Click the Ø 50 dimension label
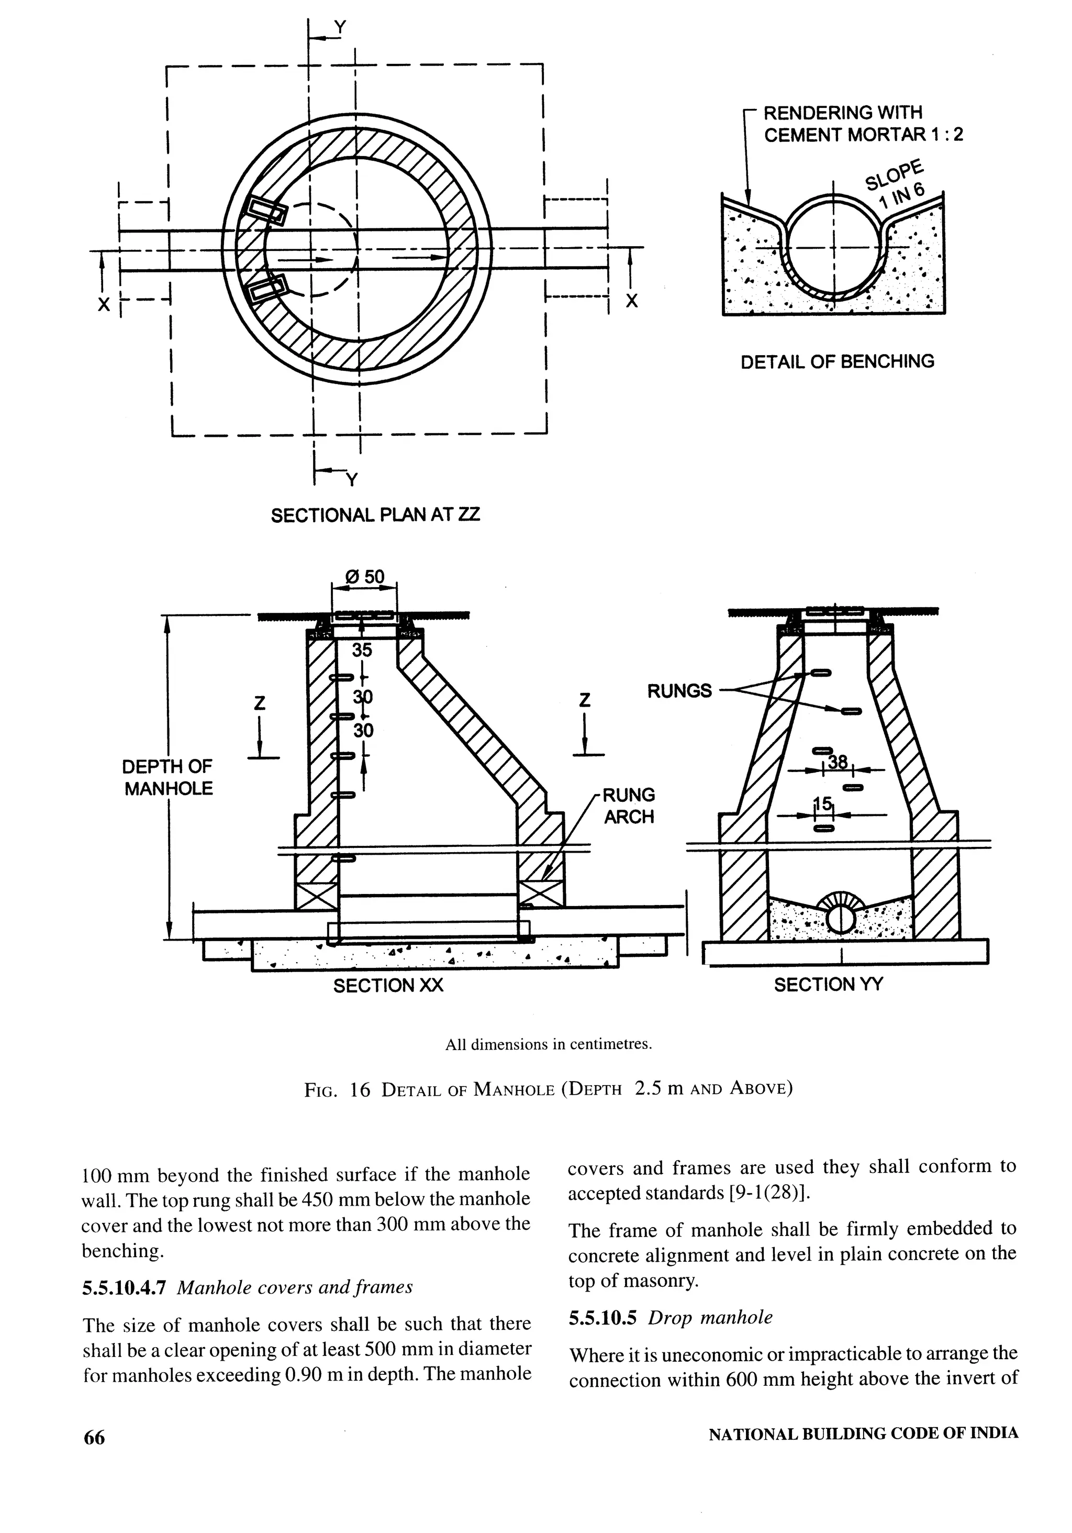pyautogui.click(x=365, y=576)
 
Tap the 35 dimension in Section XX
pyautogui.click(x=362, y=649)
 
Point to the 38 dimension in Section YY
pyautogui.click(x=837, y=762)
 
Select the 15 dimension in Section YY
pyautogui.click(x=823, y=804)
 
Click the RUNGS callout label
pyautogui.click(x=679, y=690)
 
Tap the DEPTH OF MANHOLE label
pyautogui.click(x=168, y=777)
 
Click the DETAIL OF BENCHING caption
pyautogui.click(x=837, y=361)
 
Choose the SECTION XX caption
pyautogui.click(x=388, y=986)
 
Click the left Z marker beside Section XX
pyautogui.click(x=260, y=702)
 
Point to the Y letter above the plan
pyautogui.click(x=340, y=27)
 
